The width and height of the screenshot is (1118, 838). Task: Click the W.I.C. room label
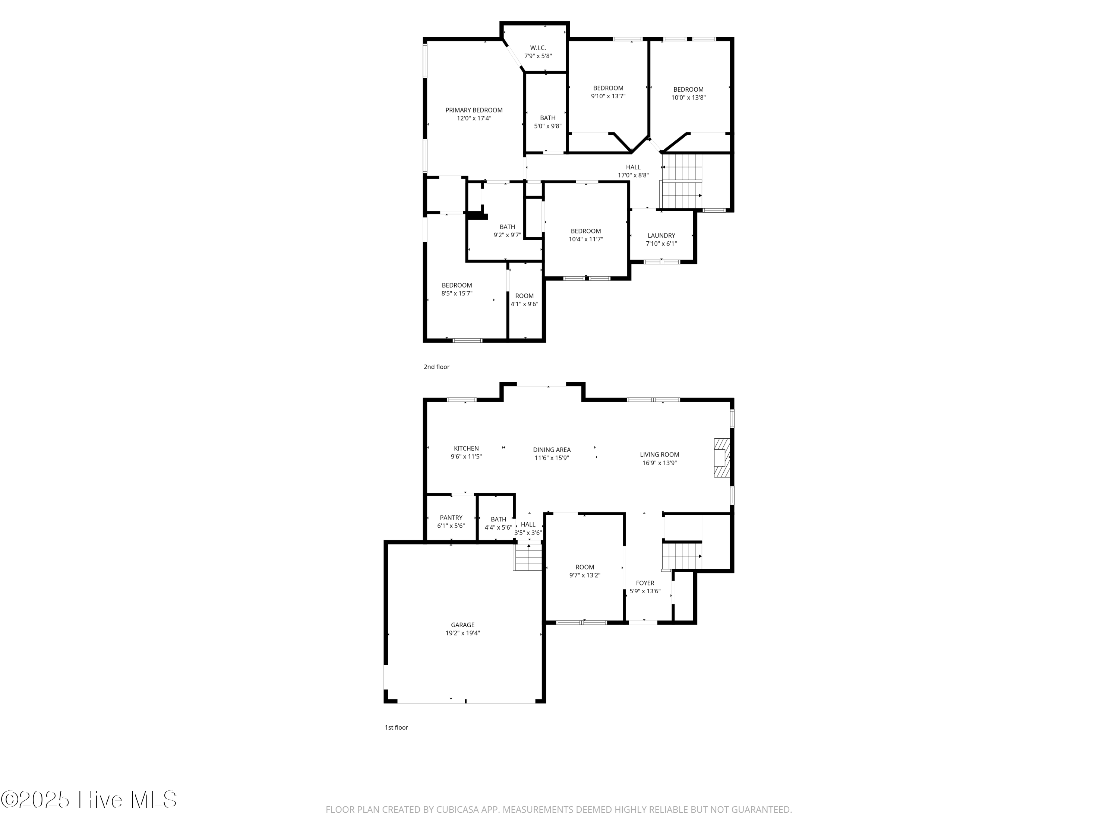click(x=538, y=48)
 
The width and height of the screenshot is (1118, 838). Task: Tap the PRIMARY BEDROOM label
click(x=474, y=110)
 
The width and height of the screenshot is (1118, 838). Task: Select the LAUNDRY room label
click(x=661, y=235)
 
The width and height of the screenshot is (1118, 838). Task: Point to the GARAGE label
click(x=462, y=625)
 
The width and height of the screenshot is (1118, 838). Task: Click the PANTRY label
click(x=451, y=518)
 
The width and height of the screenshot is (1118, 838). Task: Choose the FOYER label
click(x=645, y=583)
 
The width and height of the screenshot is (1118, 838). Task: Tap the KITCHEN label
click(x=466, y=448)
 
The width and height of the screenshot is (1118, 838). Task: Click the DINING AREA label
click(x=552, y=450)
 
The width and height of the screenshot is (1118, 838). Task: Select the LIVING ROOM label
click(x=660, y=455)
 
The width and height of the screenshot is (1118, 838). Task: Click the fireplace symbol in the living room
click(x=722, y=458)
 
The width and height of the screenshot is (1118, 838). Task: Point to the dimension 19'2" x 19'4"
click(x=462, y=633)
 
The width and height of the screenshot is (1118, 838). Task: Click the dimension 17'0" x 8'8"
click(x=633, y=175)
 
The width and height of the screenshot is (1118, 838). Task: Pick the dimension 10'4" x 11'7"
click(x=586, y=239)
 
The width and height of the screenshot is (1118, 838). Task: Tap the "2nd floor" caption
click(x=436, y=367)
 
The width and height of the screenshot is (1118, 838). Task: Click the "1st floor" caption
click(x=396, y=727)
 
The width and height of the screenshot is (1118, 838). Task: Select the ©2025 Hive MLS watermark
click(x=89, y=800)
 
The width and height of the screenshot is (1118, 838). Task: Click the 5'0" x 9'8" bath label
click(x=547, y=122)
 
